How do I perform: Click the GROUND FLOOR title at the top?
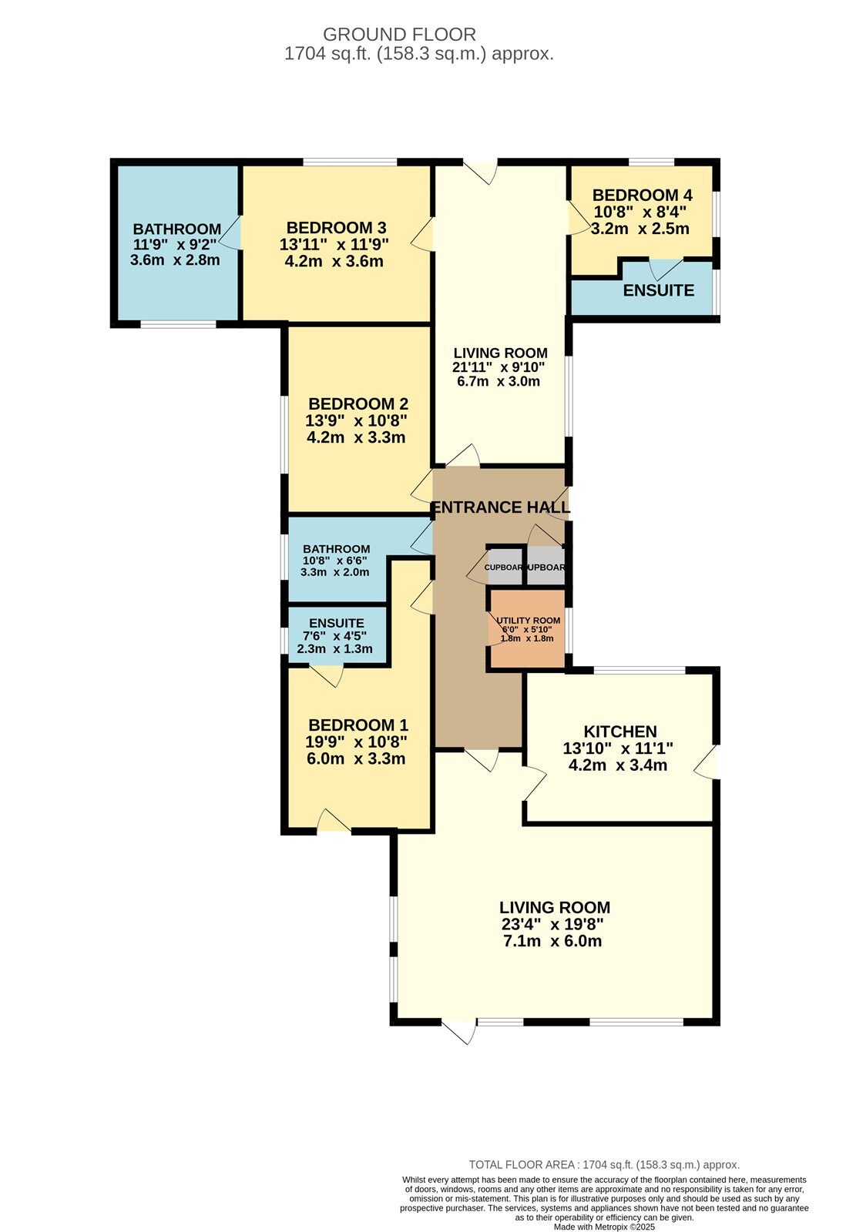point(399,35)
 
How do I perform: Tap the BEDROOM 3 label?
point(336,228)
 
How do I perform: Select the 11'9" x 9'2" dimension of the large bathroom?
point(176,245)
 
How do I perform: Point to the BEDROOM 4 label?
point(636,196)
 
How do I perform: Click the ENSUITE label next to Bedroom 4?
point(658,291)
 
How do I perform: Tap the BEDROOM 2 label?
point(358,404)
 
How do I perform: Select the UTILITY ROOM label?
point(528,621)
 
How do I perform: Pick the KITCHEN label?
point(619,732)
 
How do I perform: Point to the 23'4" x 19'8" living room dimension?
point(552,925)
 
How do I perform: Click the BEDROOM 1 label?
point(358,725)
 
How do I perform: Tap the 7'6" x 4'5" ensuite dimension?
point(336,636)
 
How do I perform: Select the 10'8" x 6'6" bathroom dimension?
point(335,561)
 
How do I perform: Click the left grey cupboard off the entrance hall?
point(505,567)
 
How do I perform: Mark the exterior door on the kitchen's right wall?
point(707,763)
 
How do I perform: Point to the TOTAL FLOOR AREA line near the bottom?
point(604,1165)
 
